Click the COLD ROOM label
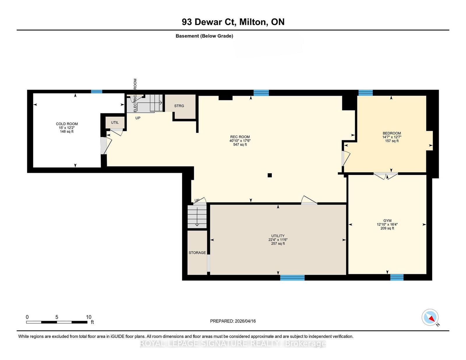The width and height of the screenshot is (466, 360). tap(67, 124)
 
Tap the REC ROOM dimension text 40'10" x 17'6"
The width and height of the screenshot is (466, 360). tap(240, 141)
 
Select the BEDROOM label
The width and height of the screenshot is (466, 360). tap(392, 133)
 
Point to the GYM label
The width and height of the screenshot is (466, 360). tap(387, 221)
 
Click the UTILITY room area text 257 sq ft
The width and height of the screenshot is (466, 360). tap(278, 244)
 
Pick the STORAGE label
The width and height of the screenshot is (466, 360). tap(197, 253)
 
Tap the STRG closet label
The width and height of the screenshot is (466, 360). tap(179, 106)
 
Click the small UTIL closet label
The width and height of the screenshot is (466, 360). tap(115, 123)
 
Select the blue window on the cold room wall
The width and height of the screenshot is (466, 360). tap(96, 91)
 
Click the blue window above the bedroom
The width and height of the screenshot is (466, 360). tap(366, 93)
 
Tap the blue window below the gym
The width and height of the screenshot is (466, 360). tap(397, 277)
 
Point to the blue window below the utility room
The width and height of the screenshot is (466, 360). tap(292, 278)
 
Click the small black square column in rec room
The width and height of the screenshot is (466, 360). tap(270, 175)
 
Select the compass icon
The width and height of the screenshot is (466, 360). tap(430, 318)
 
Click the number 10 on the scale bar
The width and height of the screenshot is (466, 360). tap(89, 317)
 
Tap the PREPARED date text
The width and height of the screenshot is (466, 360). tap(233, 321)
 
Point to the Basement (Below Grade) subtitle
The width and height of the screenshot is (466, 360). tap(204, 36)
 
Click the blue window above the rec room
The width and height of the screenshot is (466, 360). tap(261, 93)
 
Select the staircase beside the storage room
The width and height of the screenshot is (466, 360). tap(197, 217)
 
